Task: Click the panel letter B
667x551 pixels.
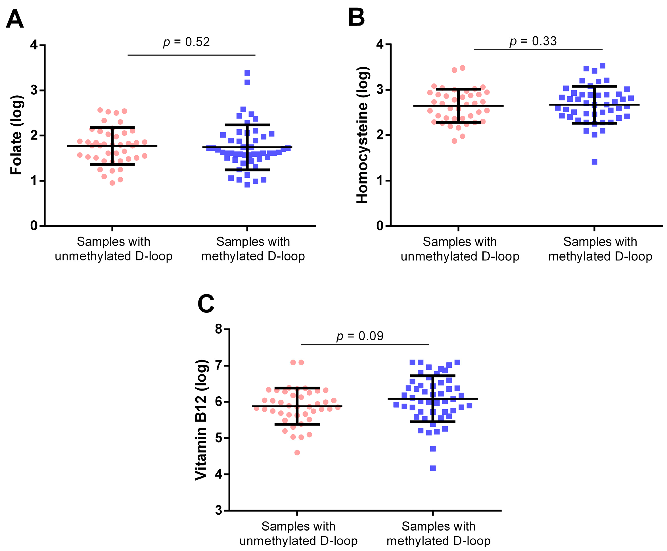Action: [x=356, y=18]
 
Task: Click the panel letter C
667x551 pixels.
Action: [x=206, y=304]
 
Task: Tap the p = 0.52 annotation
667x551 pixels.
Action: [x=186, y=42]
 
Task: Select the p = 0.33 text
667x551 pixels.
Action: [x=533, y=41]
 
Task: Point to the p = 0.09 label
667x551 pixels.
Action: [x=359, y=336]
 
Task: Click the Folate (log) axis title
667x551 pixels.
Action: [x=16, y=135]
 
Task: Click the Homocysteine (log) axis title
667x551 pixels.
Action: [x=362, y=135]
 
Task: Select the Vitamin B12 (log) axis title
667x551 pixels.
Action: [x=201, y=419]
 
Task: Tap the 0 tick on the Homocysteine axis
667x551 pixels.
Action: [x=380, y=226]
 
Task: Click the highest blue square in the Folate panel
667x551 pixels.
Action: [x=247, y=73]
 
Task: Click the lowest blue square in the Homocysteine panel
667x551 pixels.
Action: [x=594, y=162]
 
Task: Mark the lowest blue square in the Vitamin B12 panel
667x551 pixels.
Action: [x=433, y=468]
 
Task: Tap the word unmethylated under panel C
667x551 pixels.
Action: [x=278, y=540]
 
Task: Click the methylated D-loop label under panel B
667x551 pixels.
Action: [x=600, y=256]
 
